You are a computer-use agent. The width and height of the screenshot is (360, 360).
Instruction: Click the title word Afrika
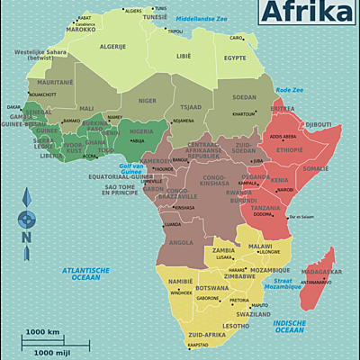pyautogui.click(x=307, y=12)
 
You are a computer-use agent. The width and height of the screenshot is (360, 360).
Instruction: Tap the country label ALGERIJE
pyautogui.click(x=112, y=46)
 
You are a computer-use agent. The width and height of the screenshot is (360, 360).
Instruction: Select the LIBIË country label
pyautogui.click(x=183, y=56)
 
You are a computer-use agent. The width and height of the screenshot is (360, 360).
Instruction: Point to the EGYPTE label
pyautogui.click(x=235, y=58)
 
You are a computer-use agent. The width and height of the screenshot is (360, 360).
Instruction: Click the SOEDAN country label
pyautogui.click(x=244, y=97)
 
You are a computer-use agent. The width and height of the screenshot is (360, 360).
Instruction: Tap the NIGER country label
pyautogui.click(x=147, y=102)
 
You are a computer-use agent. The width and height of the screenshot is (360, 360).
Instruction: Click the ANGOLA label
pyautogui.click(x=181, y=242)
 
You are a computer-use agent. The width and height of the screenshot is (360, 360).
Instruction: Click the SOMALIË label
pyautogui.click(x=316, y=168)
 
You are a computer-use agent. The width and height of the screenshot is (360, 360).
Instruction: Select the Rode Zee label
pyautogui.click(x=288, y=90)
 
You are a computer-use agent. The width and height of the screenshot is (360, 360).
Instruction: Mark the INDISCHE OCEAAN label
pyautogui.click(x=289, y=326)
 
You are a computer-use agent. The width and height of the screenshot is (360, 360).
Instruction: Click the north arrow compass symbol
pyautogui.click(x=26, y=218)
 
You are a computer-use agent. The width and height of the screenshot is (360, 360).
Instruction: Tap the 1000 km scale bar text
pyautogui.click(x=42, y=332)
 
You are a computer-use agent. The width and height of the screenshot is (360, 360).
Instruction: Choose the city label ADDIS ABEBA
pyautogui.click(x=283, y=137)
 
